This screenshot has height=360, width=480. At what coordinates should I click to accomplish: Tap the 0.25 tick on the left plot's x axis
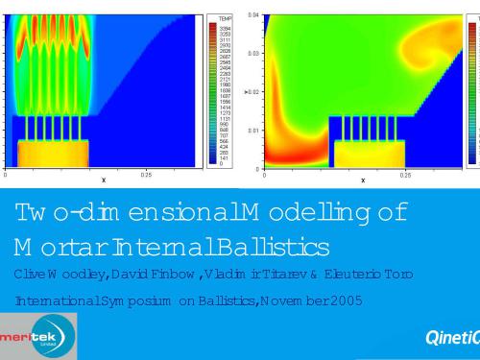[146, 175]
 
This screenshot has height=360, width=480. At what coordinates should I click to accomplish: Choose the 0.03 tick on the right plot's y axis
[253, 54]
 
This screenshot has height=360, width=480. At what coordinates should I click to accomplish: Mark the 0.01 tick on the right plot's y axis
[253, 130]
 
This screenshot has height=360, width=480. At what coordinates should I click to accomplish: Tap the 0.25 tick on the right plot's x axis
[405, 175]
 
